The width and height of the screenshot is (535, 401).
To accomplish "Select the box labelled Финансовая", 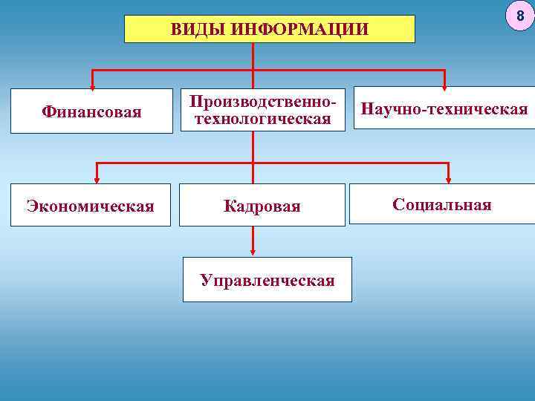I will coord(92,113).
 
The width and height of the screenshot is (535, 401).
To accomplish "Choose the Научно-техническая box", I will coord(444,110).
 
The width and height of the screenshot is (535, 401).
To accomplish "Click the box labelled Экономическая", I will coord(90,206).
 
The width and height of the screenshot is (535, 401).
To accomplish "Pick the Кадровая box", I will coord(262,206).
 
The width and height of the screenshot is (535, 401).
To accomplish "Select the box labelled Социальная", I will coord(442,204).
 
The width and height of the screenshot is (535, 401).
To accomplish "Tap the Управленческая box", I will coord(267,280).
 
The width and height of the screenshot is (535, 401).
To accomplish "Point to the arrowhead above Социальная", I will coord(448,176).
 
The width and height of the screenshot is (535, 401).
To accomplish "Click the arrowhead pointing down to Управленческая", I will coord(253,250).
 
